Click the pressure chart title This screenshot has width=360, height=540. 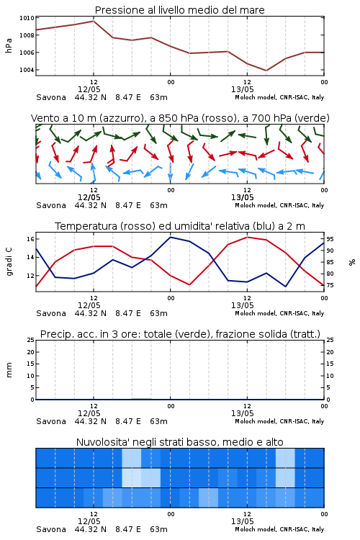179,10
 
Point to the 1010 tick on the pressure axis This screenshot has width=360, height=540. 27,18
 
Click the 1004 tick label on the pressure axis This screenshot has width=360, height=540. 27,70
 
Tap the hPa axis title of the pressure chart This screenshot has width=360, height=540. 9,45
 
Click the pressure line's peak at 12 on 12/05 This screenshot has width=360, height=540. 94,21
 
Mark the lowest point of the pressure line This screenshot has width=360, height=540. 266,71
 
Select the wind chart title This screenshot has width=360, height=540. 180,118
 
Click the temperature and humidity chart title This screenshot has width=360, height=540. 180,226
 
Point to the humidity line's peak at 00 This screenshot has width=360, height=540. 171,237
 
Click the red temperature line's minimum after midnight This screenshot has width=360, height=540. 189,284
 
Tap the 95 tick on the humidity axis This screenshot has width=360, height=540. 330,239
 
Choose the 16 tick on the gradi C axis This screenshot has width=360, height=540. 30,239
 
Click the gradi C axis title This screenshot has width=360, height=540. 9,262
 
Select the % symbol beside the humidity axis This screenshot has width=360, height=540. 352,262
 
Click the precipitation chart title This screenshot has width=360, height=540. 180,334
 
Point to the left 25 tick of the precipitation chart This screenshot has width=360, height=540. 31,340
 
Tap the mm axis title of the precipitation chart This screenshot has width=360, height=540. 9,370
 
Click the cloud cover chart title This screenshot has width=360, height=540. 179,442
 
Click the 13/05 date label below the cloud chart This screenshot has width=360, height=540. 242,521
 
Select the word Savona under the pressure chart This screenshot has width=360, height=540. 51,97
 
